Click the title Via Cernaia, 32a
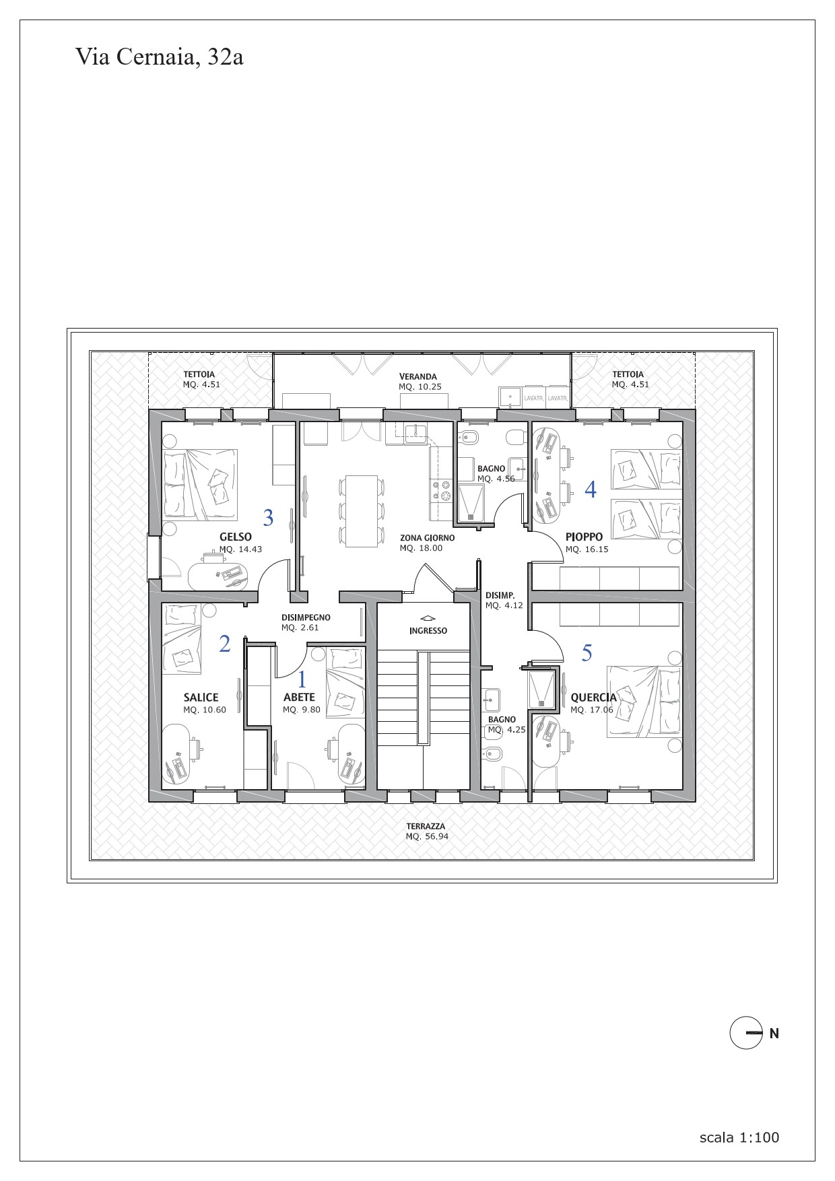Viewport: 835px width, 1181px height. (159, 57)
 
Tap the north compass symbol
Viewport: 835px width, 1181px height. (746, 1033)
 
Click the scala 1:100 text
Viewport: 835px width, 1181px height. (739, 1137)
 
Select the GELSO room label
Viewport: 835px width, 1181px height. (236, 537)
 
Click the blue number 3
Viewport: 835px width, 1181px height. (269, 518)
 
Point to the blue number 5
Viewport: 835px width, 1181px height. (587, 652)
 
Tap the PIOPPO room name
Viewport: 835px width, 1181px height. (584, 537)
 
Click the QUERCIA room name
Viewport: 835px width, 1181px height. (593, 698)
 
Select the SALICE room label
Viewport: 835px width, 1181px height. (201, 698)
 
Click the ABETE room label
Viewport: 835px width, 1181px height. (299, 698)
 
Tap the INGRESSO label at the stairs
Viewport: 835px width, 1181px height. (428, 631)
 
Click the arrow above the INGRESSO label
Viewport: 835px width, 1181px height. (428, 617)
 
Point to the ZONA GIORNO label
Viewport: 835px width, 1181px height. (427, 538)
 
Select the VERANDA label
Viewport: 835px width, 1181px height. (418, 376)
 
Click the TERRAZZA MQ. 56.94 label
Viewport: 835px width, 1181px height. (426, 832)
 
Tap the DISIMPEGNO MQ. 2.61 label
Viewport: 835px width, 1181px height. (306, 622)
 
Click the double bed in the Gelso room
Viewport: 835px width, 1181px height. (200, 485)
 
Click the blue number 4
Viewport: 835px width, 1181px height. (591, 490)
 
